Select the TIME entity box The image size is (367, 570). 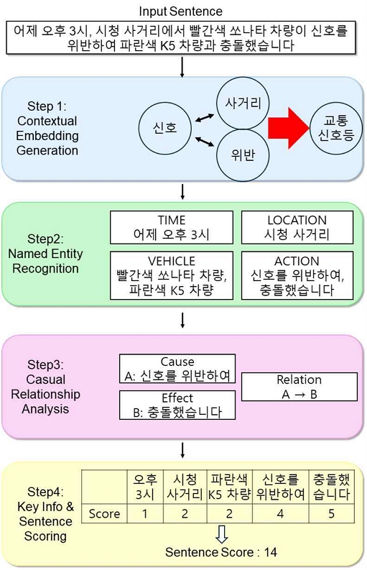click(171, 227)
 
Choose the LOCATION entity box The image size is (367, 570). click(297, 227)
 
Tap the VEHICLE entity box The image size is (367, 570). click(171, 275)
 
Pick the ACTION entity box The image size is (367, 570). click(297, 275)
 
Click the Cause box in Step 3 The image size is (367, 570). click(177, 369)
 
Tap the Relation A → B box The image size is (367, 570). click(299, 387)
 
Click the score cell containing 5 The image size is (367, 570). click(332, 514)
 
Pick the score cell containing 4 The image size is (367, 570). click(279, 514)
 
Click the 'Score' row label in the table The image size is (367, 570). click(103, 514)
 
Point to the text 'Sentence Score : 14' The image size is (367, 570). click(220, 553)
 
